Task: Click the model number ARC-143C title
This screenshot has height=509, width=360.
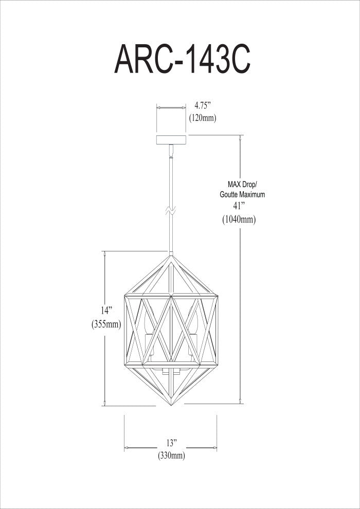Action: (x=182, y=60)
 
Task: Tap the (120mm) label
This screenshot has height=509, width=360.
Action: (x=202, y=118)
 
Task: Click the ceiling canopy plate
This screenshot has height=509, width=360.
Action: (x=171, y=140)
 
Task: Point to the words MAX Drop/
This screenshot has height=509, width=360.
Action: (x=243, y=184)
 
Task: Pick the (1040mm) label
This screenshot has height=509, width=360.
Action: (x=239, y=220)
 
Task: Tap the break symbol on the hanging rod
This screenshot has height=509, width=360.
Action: (x=171, y=210)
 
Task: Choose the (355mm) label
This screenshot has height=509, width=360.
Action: (x=106, y=324)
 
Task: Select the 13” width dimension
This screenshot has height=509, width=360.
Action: (x=171, y=443)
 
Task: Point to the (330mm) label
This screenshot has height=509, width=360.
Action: (x=171, y=456)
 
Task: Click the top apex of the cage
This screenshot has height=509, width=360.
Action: (x=171, y=255)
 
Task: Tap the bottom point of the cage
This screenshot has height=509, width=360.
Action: (x=171, y=405)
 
